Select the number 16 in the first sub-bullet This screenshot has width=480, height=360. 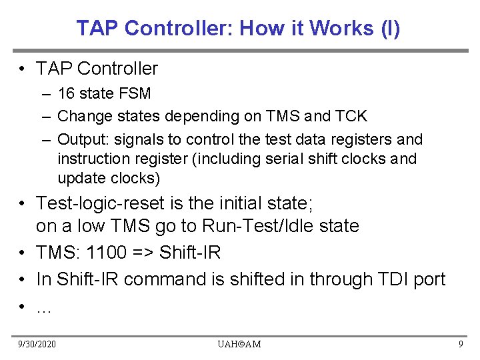click(x=66, y=93)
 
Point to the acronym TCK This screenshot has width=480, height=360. click(x=351, y=116)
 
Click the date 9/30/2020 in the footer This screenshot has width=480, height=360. click(x=38, y=344)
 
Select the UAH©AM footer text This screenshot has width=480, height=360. click(x=239, y=344)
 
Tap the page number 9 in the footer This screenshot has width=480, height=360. click(x=461, y=344)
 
